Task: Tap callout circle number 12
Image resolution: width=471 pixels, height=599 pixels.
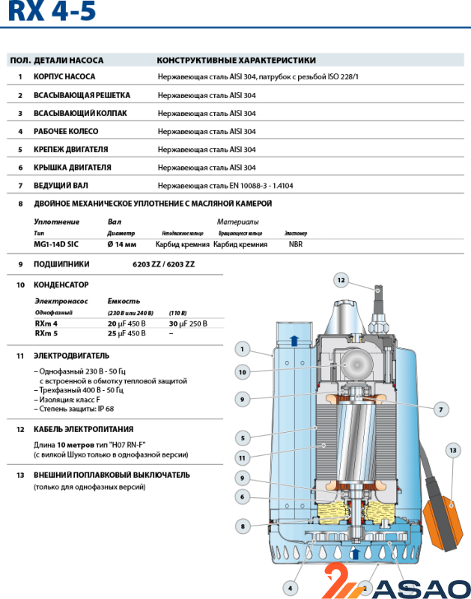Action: click(x=341, y=280)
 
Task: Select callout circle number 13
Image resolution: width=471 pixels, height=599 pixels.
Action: click(x=452, y=450)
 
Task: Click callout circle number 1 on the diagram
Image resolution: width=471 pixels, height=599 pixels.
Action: click(x=242, y=348)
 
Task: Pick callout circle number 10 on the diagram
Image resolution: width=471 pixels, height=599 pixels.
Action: click(x=242, y=371)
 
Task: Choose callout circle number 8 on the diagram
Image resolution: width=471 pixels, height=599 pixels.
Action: click(x=242, y=526)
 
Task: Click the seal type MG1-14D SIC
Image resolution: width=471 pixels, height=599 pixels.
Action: click(x=56, y=244)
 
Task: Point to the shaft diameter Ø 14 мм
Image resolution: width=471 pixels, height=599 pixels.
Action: click(x=122, y=244)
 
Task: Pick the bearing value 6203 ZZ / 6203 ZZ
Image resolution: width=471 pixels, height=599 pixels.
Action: click(x=163, y=264)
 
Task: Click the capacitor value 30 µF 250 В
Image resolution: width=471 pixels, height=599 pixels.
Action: click(x=188, y=323)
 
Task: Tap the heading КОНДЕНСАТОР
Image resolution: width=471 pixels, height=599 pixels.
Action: click(x=61, y=285)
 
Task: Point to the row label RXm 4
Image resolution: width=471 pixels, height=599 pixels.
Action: click(x=46, y=323)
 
